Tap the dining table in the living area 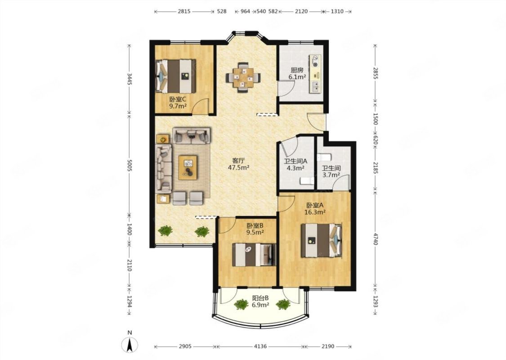[x=243, y=77]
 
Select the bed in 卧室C [x=176, y=76]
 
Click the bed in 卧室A [x=322, y=240]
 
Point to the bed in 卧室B [x=254, y=255]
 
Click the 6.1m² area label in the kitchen [x=297, y=77]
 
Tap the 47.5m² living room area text [x=239, y=167]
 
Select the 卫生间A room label [x=296, y=161]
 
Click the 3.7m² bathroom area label [x=331, y=175]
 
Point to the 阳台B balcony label [x=260, y=298]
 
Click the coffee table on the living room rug [x=188, y=167]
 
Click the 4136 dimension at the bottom [x=260, y=346]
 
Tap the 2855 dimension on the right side [x=375, y=73]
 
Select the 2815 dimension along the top [x=184, y=11]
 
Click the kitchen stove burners [x=315, y=61]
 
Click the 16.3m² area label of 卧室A [x=315, y=212]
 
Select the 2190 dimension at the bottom [x=328, y=346]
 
